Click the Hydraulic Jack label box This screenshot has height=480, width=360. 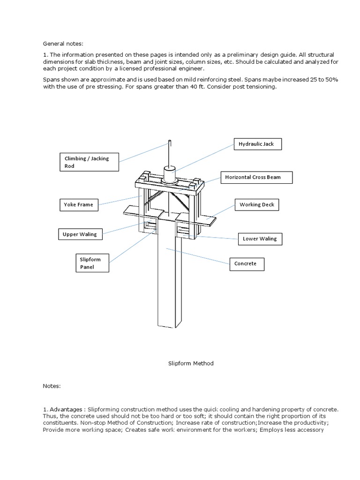tap(257, 144)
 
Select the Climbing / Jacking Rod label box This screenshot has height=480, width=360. tap(89, 162)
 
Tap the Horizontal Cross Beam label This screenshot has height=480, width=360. tap(256, 178)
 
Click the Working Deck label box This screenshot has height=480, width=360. tap(257, 205)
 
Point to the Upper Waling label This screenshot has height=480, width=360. tap(80, 234)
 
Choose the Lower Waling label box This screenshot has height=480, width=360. tap(260, 239)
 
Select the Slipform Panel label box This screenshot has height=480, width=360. tap(92, 263)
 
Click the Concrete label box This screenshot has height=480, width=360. tap(246, 263)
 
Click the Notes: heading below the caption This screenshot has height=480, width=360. tap(52, 386)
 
